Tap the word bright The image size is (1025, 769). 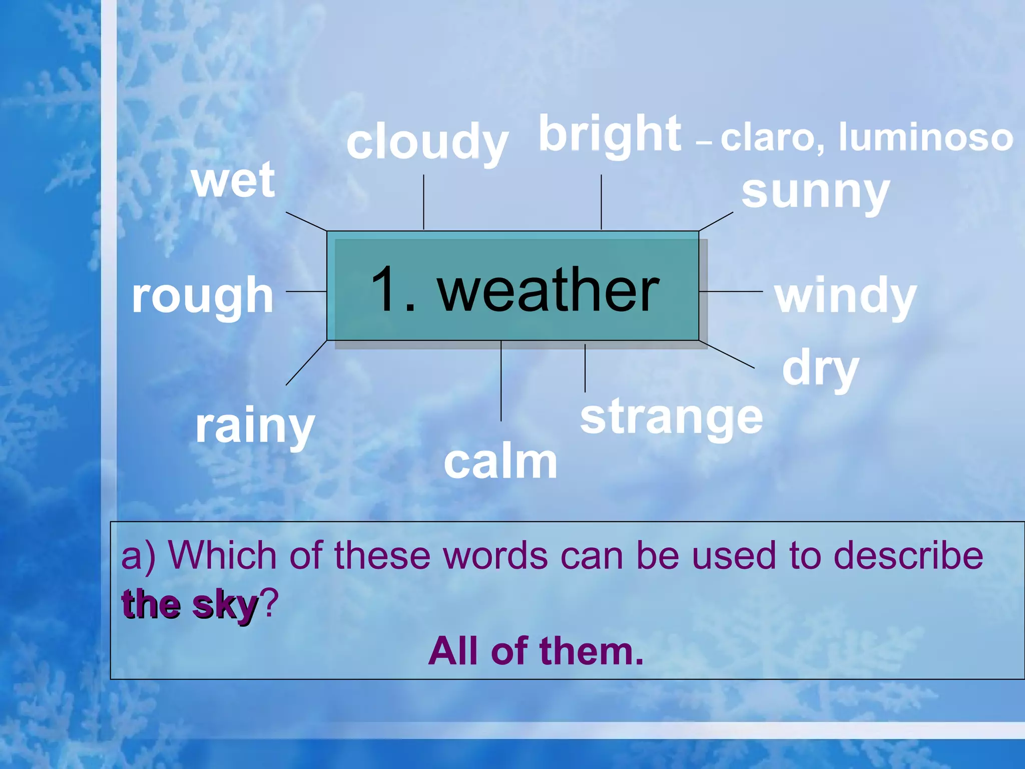pyautogui.click(x=610, y=134)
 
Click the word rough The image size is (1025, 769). pyautogui.click(x=203, y=296)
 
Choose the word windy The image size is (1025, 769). pyautogui.click(x=845, y=296)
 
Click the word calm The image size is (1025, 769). pyautogui.click(x=500, y=462)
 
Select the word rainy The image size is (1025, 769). pyautogui.click(x=255, y=427)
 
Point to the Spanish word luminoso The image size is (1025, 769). pyautogui.click(x=926, y=138)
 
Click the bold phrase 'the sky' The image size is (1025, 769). pyautogui.click(x=190, y=605)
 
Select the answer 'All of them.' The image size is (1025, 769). pyautogui.click(x=536, y=651)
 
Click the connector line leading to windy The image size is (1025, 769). pyautogui.click(x=731, y=291)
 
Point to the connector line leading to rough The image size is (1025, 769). pyautogui.click(x=306, y=291)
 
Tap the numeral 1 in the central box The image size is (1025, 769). pyautogui.click(x=384, y=289)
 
